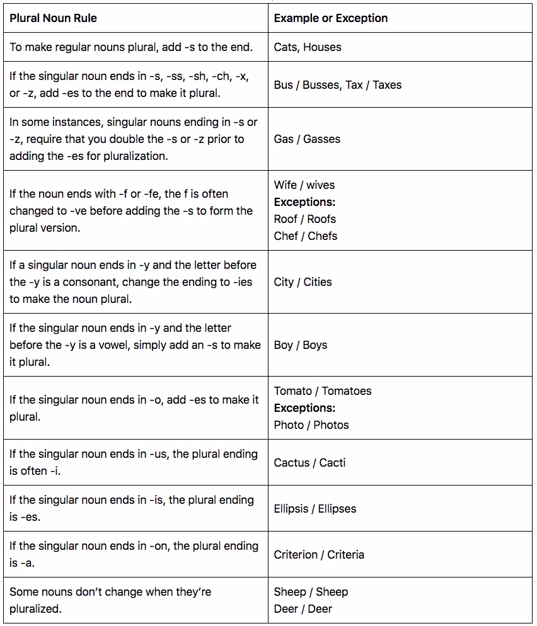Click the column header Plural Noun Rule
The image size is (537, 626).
click(x=53, y=18)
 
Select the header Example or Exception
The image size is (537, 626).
click(x=330, y=18)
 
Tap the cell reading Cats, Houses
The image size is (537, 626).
click(x=308, y=47)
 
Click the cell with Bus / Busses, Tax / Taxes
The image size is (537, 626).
click(x=337, y=85)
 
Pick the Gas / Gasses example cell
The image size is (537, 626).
click(x=307, y=139)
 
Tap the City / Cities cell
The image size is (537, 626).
click(x=303, y=282)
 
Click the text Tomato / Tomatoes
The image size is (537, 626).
click(x=323, y=391)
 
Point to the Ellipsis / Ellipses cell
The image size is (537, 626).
click(x=315, y=509)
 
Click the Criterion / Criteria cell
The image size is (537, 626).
click(x=319, y=555)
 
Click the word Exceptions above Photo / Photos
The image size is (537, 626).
click(x=304, y=408)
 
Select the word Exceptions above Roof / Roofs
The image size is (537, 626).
click(x=304, y=202)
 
